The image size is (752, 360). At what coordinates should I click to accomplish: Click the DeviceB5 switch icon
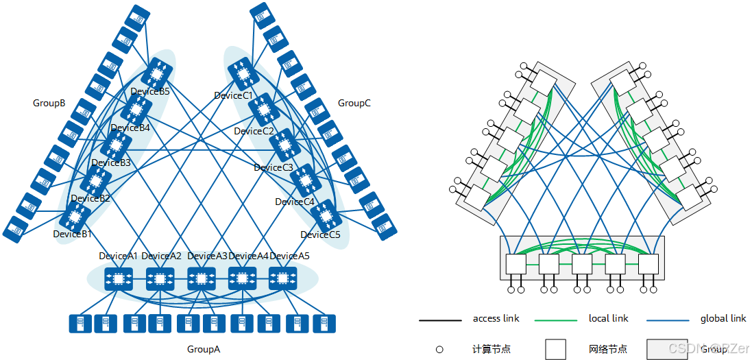(x=158, y=71)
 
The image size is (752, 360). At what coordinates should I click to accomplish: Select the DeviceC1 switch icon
(x=241, y=72)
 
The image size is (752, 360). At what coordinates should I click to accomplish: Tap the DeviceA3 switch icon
(x=201, y=279)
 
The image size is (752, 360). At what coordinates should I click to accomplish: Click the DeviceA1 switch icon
(x=118, y=279)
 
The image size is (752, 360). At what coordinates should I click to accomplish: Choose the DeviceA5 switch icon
(x=282, y=279)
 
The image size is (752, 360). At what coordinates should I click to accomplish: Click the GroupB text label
(x=49, y=104)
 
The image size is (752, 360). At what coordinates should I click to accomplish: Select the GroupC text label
(x=354, y=104)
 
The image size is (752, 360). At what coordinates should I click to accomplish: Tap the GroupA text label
(x=204, y=349)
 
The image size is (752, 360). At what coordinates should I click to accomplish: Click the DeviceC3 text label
(x=274, y=167)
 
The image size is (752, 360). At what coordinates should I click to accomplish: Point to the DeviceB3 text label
(x=110, y=163)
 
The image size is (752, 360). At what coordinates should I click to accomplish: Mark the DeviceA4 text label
(x=248, y=256)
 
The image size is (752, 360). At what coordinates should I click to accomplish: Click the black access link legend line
(x=440, y=320)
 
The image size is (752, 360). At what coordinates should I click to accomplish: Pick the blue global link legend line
(x=668, y=320)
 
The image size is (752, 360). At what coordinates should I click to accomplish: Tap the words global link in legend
(x=723, y=318)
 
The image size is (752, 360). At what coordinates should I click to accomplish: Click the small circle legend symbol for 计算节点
(x=439, y=349)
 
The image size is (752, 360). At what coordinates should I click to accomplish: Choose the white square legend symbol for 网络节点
(x=556, y=349)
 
